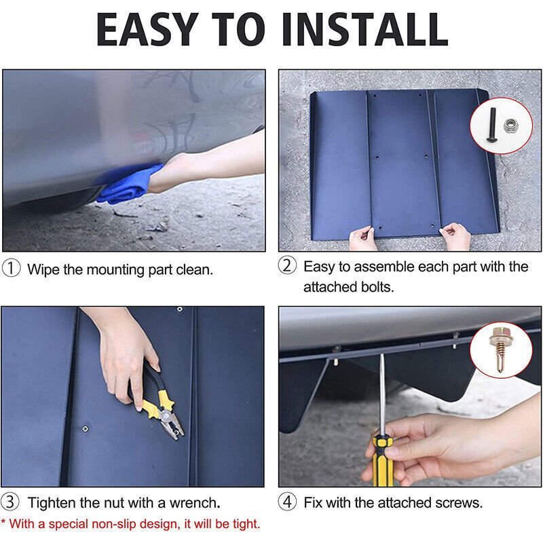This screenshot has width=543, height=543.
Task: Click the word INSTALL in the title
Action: (365, 29)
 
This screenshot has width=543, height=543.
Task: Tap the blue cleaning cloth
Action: (130, 184)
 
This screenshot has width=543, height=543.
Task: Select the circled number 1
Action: (11, 268)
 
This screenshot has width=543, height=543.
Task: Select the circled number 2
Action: (287, 265)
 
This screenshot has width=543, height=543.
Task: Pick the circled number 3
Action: (10, 502)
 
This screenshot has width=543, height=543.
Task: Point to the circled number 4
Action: (287, 502)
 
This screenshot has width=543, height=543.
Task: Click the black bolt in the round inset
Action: (491, 125)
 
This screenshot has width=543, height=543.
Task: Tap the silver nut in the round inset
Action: (510, 126)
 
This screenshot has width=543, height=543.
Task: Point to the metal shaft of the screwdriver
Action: (382, 395)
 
